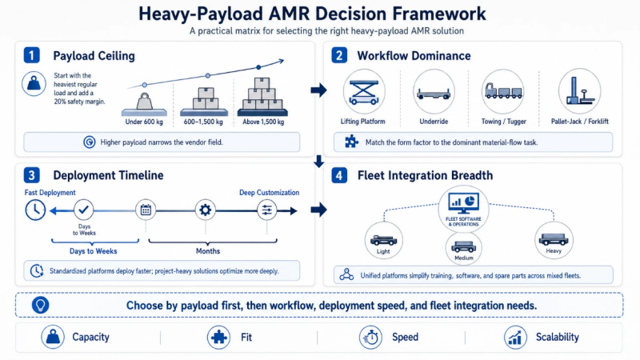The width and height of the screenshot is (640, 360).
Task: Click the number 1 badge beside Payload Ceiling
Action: coord(32,56)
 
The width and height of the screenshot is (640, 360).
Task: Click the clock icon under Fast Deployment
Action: coord(35,210)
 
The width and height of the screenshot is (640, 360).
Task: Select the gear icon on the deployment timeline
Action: coord(206,210)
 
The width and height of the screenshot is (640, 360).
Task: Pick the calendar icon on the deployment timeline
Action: coord(146,210)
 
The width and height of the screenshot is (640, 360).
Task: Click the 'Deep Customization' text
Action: coord(270,193)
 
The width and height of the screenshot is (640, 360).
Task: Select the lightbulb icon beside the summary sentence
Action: coord(39,305)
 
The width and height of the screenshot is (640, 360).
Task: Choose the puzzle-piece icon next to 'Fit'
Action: coord(218,337)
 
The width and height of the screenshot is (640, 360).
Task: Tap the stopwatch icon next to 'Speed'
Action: coord(370,337)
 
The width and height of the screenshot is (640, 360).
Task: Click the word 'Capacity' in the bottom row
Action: coord(90,337)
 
